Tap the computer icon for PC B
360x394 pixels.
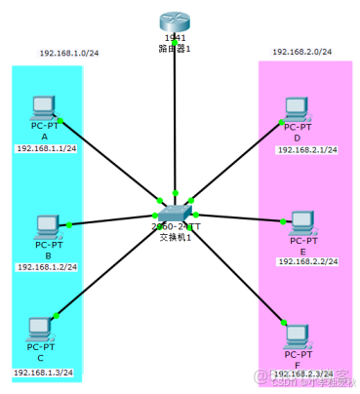pyautogui.click(x=46, y=226)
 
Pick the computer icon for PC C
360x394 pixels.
pyautogui.click(x=40, y=328)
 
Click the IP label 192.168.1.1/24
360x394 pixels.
pyautogui.click(x=46, y=148)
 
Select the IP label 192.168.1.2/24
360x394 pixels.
pyautogui.click(x=47, y=266)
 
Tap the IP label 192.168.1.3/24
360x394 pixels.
pyautogui.click(x=44, y=373)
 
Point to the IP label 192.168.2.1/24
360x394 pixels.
pyautogui.click(x=306, y=149)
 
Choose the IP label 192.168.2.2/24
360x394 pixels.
pyautogui.click(x=306, y=261)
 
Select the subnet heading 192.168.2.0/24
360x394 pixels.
pyautogui.click(x=302, y=51)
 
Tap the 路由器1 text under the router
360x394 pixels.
pyautogui.click(x=176, y=47)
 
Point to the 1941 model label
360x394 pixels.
pyautogui.click(x=176, y=37)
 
